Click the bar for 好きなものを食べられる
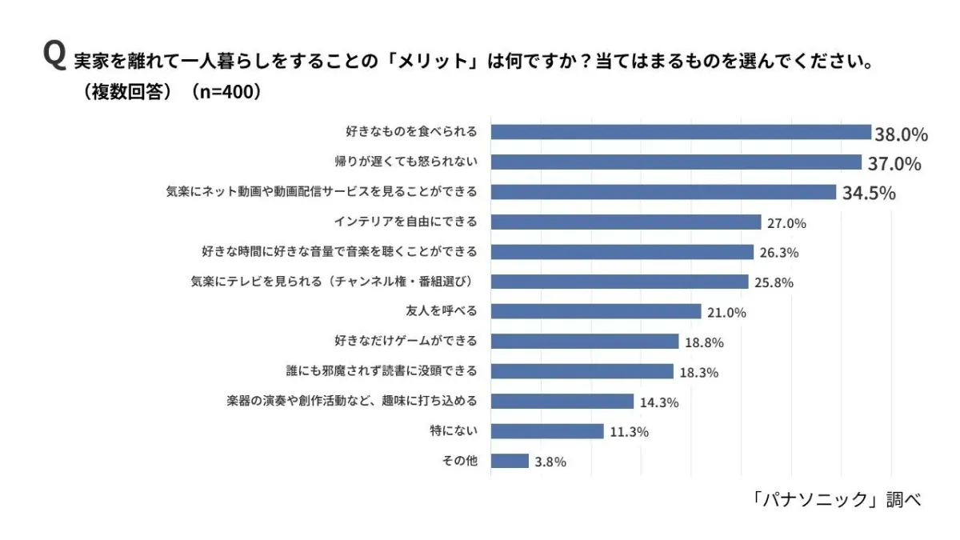680,132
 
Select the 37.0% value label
895,164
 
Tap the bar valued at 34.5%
663,192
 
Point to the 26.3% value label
779,253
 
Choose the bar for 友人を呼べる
595,311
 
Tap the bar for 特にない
546,431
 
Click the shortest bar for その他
510,461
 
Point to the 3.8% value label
550,462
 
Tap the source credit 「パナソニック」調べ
836,500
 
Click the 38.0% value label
902,134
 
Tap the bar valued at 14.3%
562,402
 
